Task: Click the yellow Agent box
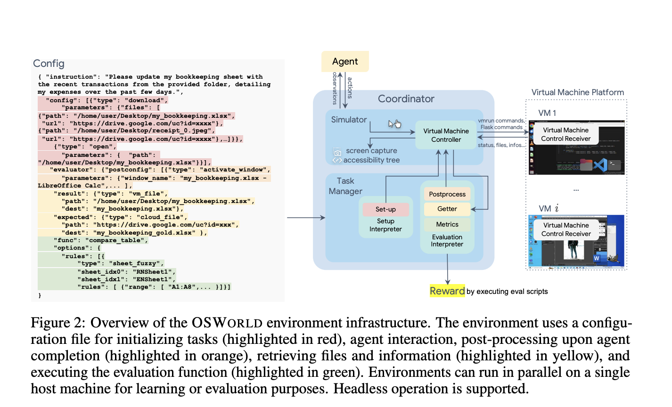pos(345,62)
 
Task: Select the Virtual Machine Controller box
pos(446,135)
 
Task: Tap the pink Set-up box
pos(385,209)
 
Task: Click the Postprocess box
pos(447,194)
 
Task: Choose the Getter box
pos(447,209)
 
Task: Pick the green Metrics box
pos(447,224)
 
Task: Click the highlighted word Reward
pos(447,291)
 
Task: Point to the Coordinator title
pos(406,99)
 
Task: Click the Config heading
pos(49,64)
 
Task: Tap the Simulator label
pos(349,120)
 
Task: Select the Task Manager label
pos(345,186)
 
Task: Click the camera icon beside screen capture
pos(337,152)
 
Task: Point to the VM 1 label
pos(547,113)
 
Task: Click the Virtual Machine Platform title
pos(577,92)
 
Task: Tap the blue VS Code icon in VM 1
pos(599,165)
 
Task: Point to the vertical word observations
pos(335,88)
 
